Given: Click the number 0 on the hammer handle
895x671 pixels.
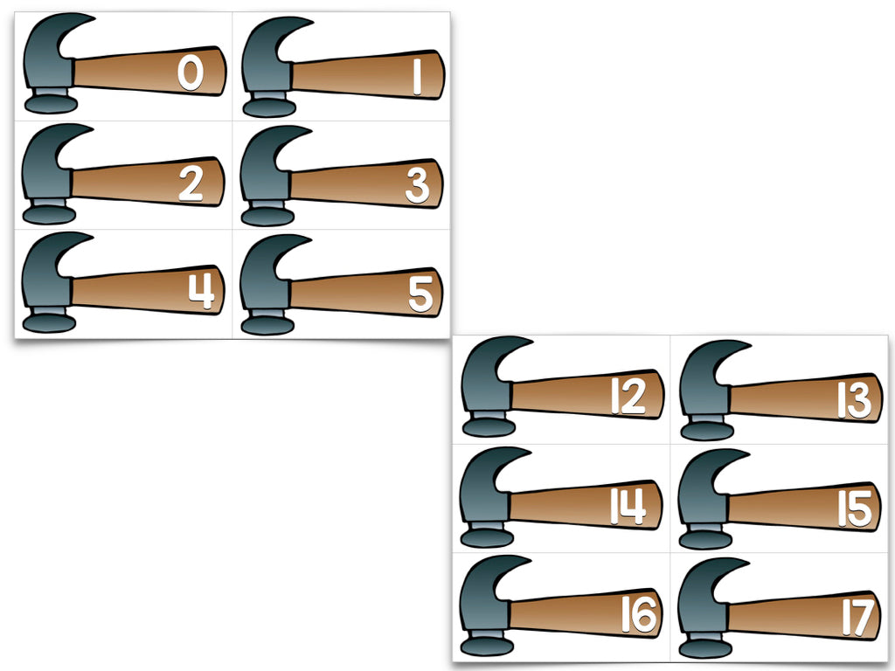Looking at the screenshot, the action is click(190, 73).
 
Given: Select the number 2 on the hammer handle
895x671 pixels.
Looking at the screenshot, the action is click(191, 183).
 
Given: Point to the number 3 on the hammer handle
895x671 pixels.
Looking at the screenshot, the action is click(417, 186).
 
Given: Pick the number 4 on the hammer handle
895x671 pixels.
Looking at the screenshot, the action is click(202, 291).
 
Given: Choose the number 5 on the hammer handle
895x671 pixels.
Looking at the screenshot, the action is click(420, 294).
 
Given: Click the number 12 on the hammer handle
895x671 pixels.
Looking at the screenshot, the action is click(628, 396).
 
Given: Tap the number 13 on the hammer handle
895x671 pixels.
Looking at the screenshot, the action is click(855, 400).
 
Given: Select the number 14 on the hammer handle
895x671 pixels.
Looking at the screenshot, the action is click(628, 506).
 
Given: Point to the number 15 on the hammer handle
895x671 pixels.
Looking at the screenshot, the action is click(855, 509).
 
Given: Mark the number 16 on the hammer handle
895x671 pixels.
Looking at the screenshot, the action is click(639, 614).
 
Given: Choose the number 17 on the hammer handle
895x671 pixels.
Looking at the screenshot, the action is click(858, 618).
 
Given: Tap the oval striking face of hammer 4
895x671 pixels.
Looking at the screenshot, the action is click(49, 323).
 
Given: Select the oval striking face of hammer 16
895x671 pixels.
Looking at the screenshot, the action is click(487, 647).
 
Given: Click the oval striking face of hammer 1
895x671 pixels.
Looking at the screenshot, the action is click(269, 107).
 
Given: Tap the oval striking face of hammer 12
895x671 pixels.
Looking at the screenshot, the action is click(489, 427).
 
